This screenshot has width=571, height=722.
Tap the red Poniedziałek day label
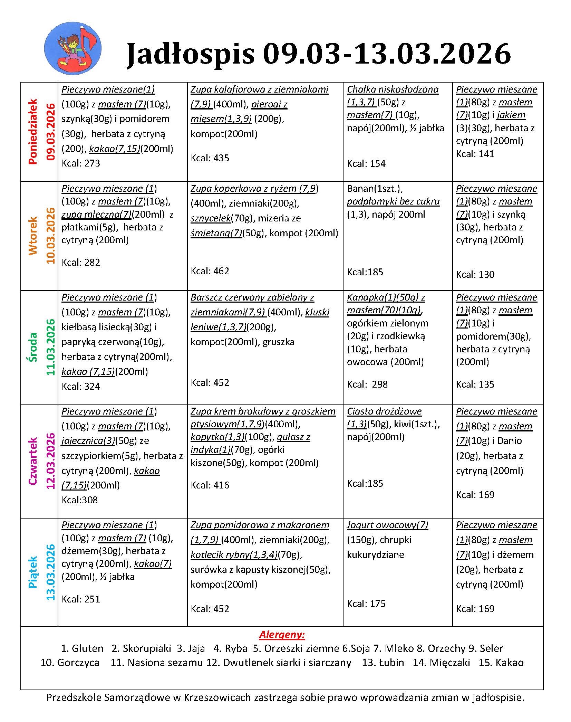pos(33,132)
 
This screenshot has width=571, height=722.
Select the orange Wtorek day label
pos(33,236)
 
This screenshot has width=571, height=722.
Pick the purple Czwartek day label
pos(33,461)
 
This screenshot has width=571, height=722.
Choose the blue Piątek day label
pos(33,572)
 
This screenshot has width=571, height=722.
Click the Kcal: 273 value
pos(81,163)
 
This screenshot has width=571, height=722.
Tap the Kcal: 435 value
pos(210,158)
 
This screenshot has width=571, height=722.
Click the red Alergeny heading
pos(282,635)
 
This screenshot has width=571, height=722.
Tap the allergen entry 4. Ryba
pos(230,648)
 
